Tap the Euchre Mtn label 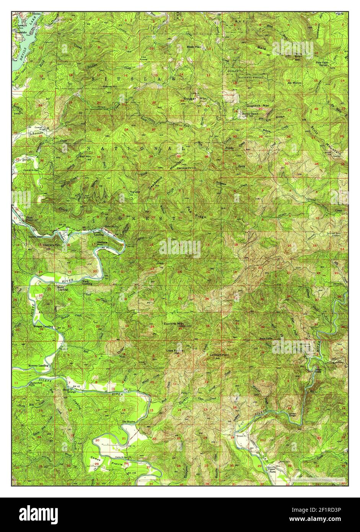tap(174, 323)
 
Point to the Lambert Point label tap(219, 355)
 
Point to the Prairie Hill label tap(110, 86)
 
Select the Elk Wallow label tap(295, 83)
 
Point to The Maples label tap(129, 422)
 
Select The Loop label tap(134, 192)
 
